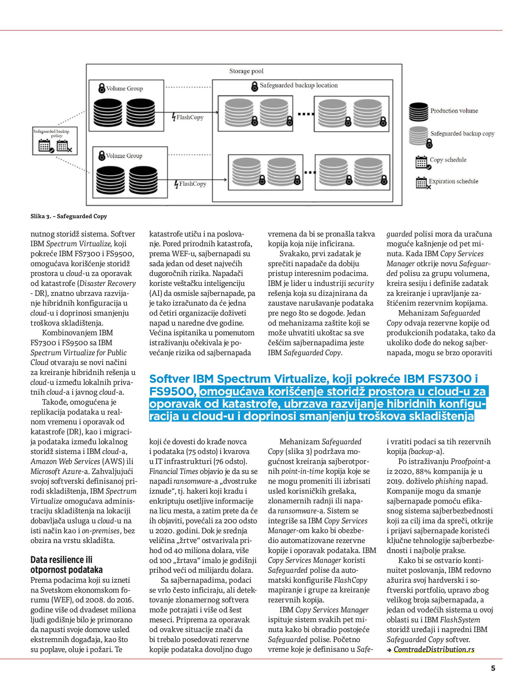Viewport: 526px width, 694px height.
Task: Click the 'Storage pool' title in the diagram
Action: coord(246,71)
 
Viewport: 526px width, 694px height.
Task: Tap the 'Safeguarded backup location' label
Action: coord(299,85)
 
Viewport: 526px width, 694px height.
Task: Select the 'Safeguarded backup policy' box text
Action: coord(52,133)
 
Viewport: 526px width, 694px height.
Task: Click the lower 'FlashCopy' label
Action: coord(192,184)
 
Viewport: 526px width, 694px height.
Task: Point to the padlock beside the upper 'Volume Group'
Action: coord(102,88)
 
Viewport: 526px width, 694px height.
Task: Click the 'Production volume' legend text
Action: coord(454,111)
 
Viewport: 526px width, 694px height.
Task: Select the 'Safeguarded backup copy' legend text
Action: coord(462,134)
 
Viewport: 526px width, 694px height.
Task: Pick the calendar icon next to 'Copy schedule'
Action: coord(422,162)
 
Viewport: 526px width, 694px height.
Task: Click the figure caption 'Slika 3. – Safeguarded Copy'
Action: coord(69,216)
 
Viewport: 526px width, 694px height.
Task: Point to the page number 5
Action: coord(493,668)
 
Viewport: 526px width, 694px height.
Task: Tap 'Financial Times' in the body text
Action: coord(174,471)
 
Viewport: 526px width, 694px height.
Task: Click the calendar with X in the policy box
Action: coord(63,146)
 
